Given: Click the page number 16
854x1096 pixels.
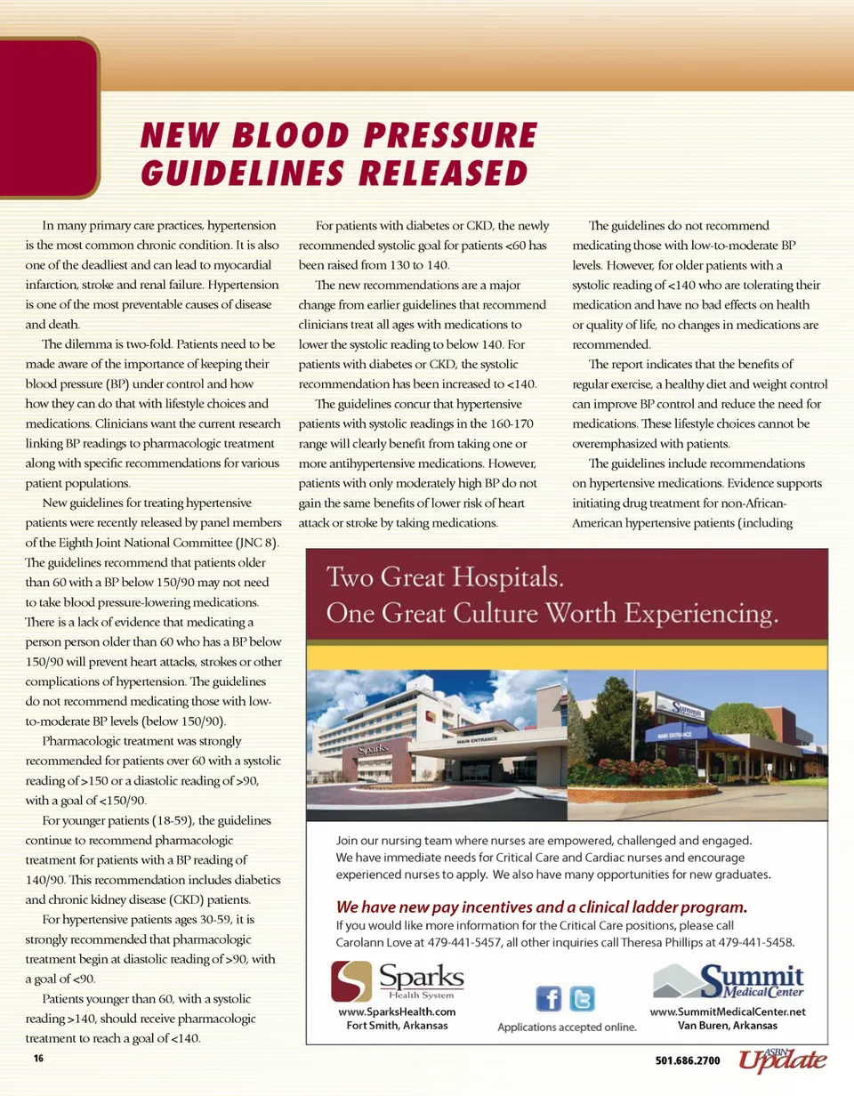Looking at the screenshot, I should click(38, 1059).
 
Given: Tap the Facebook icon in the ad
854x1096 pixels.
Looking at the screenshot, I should click(548, 999).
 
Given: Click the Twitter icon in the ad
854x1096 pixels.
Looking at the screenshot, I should click(582, 999).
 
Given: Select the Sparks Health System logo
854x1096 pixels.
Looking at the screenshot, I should click(398, 981).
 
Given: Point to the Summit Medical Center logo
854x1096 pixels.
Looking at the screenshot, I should click(729, 981).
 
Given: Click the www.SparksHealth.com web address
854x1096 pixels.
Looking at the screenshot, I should click(398, 1011).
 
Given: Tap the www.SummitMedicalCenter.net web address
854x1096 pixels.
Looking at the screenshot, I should click(728, 1011).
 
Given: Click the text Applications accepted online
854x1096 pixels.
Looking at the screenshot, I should click(567, 1027).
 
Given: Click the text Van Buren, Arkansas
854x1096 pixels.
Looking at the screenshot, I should click(728, 1025).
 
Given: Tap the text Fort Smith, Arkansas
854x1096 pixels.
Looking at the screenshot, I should click(398, 1025).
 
